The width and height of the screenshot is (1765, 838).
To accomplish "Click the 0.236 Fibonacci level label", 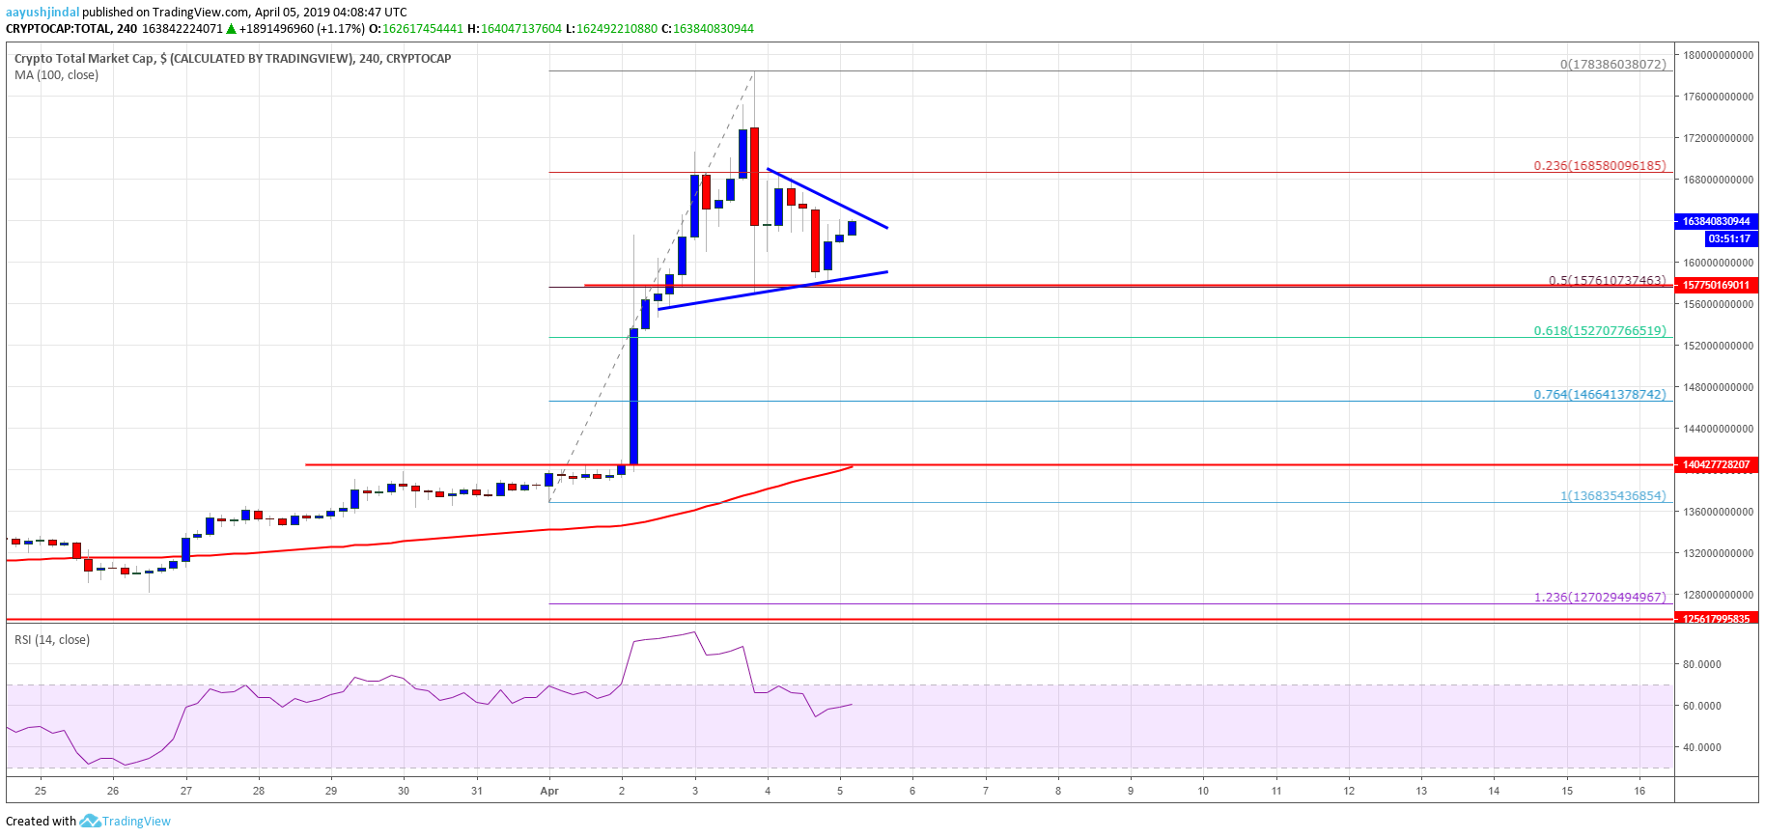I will tap(1599, 166).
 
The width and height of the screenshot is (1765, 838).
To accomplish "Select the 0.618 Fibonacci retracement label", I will tap(1599, 331).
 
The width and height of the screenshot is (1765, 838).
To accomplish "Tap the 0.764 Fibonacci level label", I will tap(1599, 395).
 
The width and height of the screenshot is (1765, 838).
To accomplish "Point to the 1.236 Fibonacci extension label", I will tap(1599, 598).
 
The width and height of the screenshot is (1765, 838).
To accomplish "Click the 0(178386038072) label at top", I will tap(1612, 65).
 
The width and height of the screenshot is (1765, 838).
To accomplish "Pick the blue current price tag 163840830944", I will tap(1716, 222).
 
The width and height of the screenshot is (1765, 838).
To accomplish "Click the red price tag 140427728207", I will tap(1716, 465).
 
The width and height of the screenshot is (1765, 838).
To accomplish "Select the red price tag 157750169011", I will tap(1716, 286).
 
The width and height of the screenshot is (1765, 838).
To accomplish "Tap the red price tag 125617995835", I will tap(1716, 619).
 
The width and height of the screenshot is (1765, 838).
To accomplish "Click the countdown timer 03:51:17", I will tap(1728, 239).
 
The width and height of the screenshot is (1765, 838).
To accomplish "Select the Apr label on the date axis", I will tap(549, 791).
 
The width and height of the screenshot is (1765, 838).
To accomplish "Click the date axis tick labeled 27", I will tap(186, 791).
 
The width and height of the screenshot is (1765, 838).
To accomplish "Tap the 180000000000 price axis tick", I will tap(1718, 56).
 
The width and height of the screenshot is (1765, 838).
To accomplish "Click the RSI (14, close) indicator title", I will tap(52, 640).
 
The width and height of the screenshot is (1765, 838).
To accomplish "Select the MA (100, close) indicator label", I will tap(56, 75).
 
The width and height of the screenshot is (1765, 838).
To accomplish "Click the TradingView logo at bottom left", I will tap(126, 822).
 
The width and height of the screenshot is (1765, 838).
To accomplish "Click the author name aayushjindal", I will tap(42, 13).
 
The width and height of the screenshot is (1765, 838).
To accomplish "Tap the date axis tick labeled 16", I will tap(1639, 791).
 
